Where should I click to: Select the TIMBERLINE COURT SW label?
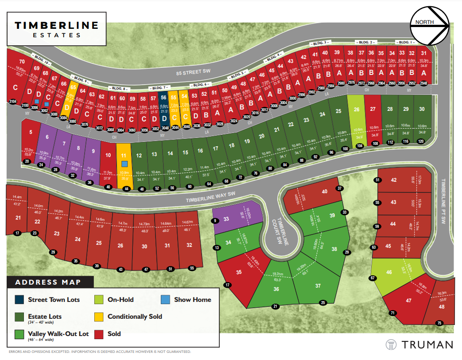coord(280,231)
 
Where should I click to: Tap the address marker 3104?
coord(12,102)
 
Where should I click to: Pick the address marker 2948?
coord(423,83)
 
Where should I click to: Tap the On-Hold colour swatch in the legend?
coord(99,300)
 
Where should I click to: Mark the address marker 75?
coord(439,323)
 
